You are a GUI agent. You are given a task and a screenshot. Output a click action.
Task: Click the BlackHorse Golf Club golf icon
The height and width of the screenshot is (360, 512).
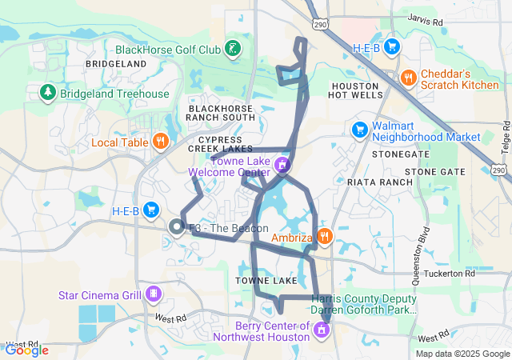[231, 50]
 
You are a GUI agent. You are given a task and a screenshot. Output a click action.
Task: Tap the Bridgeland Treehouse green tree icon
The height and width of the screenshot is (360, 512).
[47, 94]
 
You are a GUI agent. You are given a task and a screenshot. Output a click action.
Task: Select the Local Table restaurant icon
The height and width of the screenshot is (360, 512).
[161, 142]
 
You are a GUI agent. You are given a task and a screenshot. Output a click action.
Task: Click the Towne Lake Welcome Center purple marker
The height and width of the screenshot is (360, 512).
[281, 166]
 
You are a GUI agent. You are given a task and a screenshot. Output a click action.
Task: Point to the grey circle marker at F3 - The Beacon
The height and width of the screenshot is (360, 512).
[176, 227]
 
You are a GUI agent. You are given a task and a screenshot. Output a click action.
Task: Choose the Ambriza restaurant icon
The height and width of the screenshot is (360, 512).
[324, 236]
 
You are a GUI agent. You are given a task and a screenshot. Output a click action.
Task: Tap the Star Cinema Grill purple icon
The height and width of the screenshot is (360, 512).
[153, 295]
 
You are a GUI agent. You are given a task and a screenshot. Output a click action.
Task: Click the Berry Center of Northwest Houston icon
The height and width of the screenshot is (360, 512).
[322, 329]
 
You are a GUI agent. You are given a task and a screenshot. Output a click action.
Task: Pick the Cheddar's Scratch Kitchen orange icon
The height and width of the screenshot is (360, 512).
[409, 77]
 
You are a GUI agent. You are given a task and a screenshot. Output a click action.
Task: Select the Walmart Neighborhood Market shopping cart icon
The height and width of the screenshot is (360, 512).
[359, 129]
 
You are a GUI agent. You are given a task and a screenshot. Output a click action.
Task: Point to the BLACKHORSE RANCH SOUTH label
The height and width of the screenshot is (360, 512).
[221, 112]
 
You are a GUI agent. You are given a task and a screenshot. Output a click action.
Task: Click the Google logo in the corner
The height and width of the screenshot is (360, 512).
[26, 350]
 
